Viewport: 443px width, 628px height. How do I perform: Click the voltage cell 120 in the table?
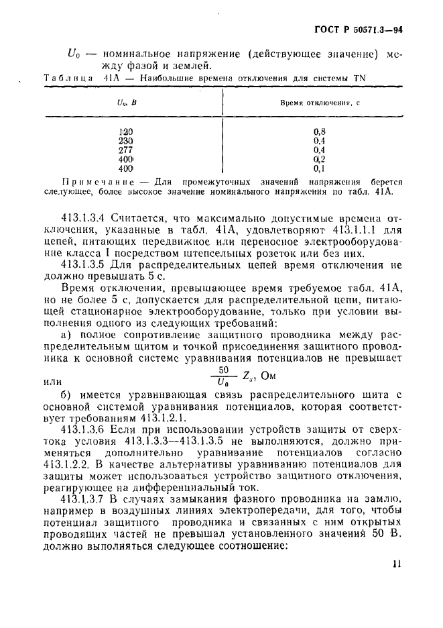pos(126,132)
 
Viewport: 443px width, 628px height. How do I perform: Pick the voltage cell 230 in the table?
pos(126,141)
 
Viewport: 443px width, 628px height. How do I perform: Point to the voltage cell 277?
pos(126,150)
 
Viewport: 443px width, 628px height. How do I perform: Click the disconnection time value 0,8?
pos(319,132)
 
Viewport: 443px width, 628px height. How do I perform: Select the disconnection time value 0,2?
pos(319,160)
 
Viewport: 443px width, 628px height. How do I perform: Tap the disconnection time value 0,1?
pos(319,169)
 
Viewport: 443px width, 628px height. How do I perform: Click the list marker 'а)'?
pos(66,333)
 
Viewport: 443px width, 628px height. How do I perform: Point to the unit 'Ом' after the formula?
pos(268,375)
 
